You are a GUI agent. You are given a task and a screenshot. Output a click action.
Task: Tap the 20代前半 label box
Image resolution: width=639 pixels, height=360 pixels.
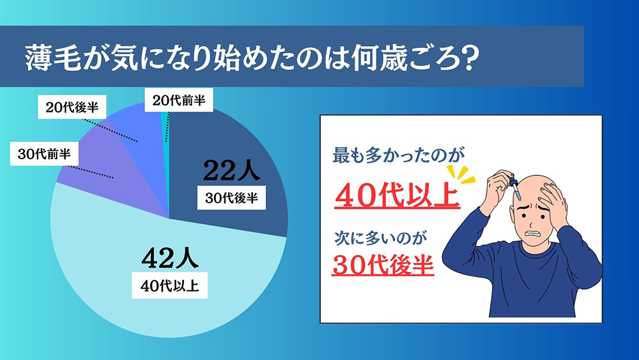pyautogui.click(x=179, y=100)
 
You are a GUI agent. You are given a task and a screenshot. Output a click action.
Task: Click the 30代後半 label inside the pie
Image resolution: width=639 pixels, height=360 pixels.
pyautogui.click(x=231, y=198)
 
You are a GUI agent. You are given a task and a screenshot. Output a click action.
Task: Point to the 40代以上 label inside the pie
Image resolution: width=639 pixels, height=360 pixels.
pyautogui.click(x=169, y=285)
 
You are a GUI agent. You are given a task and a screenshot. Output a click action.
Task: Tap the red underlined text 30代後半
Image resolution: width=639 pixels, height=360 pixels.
pyautogui.click(x=383, y=264)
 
